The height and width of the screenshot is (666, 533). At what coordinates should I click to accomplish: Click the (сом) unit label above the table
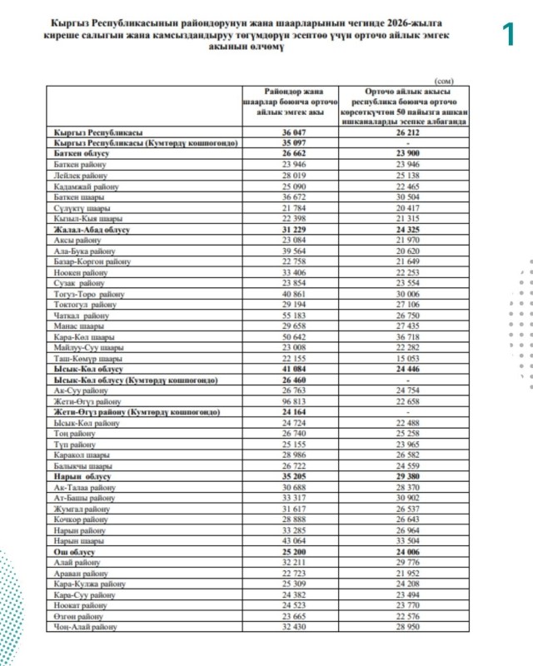(443, 80)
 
